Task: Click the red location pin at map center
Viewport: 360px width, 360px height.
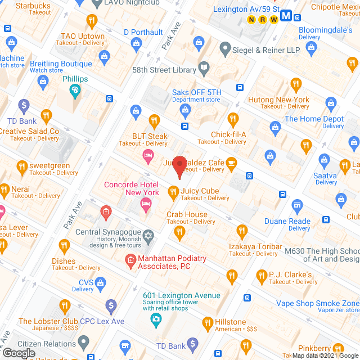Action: click(x=179, y=166)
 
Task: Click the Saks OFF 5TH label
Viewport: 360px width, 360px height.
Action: click(x=196, y=92)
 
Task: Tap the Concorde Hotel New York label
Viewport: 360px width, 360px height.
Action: click(x=131, y=188)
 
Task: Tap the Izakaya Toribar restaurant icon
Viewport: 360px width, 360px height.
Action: click(x=242, y=230)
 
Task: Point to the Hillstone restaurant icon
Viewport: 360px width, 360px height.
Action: click(x=206, y=322)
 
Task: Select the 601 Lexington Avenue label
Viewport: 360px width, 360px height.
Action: click(x=181, y=296)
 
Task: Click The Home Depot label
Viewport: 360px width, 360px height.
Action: click(x=314, y=119)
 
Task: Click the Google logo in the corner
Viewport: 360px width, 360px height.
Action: click(x=18, y=353)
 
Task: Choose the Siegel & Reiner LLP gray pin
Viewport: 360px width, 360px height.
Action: click(x=224, y=49)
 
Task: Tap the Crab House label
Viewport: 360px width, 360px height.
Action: click(x=187, y=214)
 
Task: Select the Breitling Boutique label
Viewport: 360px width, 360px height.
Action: click(x=60, y=64)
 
